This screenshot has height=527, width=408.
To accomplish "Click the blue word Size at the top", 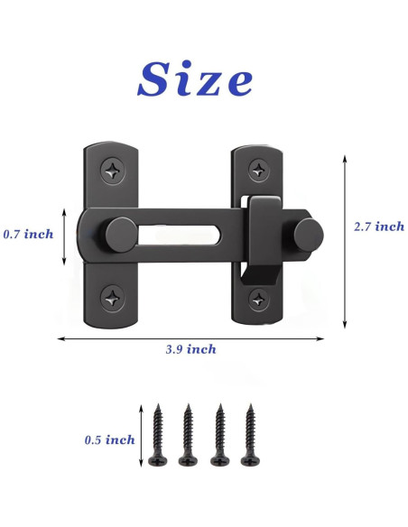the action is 195,79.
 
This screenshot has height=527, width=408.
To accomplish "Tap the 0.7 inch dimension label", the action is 28,234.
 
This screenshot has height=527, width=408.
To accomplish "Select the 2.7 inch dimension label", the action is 379,227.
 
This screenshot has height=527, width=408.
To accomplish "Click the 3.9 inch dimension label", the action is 190,349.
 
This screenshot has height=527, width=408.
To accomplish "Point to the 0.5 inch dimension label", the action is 109,439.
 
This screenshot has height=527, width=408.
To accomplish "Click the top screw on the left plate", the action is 113,171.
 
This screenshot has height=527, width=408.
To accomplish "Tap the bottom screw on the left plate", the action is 113,298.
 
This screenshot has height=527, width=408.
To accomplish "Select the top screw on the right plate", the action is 259,170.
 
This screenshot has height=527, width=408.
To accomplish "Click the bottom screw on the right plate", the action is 259,299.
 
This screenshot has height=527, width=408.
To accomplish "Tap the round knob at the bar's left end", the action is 121,235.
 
